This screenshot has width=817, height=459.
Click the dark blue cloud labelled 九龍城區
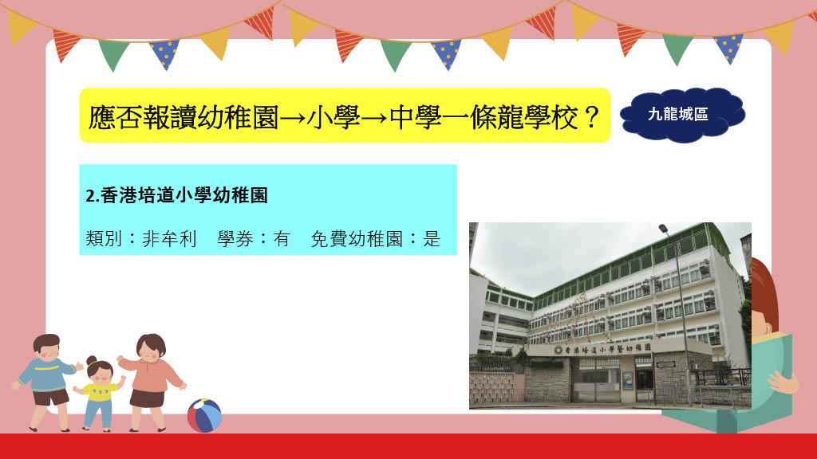[683, 115]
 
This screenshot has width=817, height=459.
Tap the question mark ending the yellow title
[591, 118]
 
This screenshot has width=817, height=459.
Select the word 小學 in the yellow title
[334, 118]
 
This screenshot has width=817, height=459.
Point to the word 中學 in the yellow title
[415, 118]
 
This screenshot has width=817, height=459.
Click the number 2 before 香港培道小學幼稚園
[90, 196]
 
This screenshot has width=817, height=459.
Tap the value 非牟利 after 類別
[169, 239]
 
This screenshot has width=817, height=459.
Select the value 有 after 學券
[282, 239]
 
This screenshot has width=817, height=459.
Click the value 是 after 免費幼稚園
[432, 239]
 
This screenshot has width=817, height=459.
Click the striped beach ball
[204, 415]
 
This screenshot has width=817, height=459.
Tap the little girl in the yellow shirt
[99, 393]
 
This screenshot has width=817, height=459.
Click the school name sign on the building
[605, 349]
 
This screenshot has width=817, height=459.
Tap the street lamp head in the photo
[663, 228]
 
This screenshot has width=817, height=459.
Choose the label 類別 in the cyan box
[104, 239]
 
